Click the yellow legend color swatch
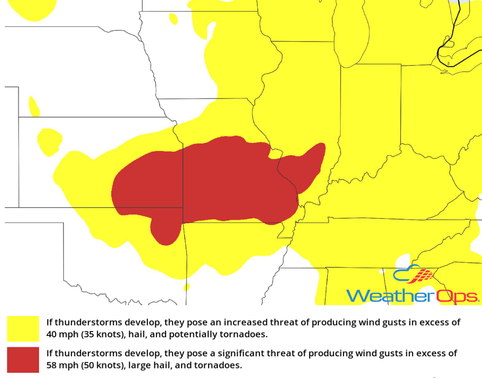click(23, 329)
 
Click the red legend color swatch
click(23, 359)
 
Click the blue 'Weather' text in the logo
click(390, 296)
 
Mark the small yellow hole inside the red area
click(275, 153)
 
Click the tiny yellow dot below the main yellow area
click(187, 287)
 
